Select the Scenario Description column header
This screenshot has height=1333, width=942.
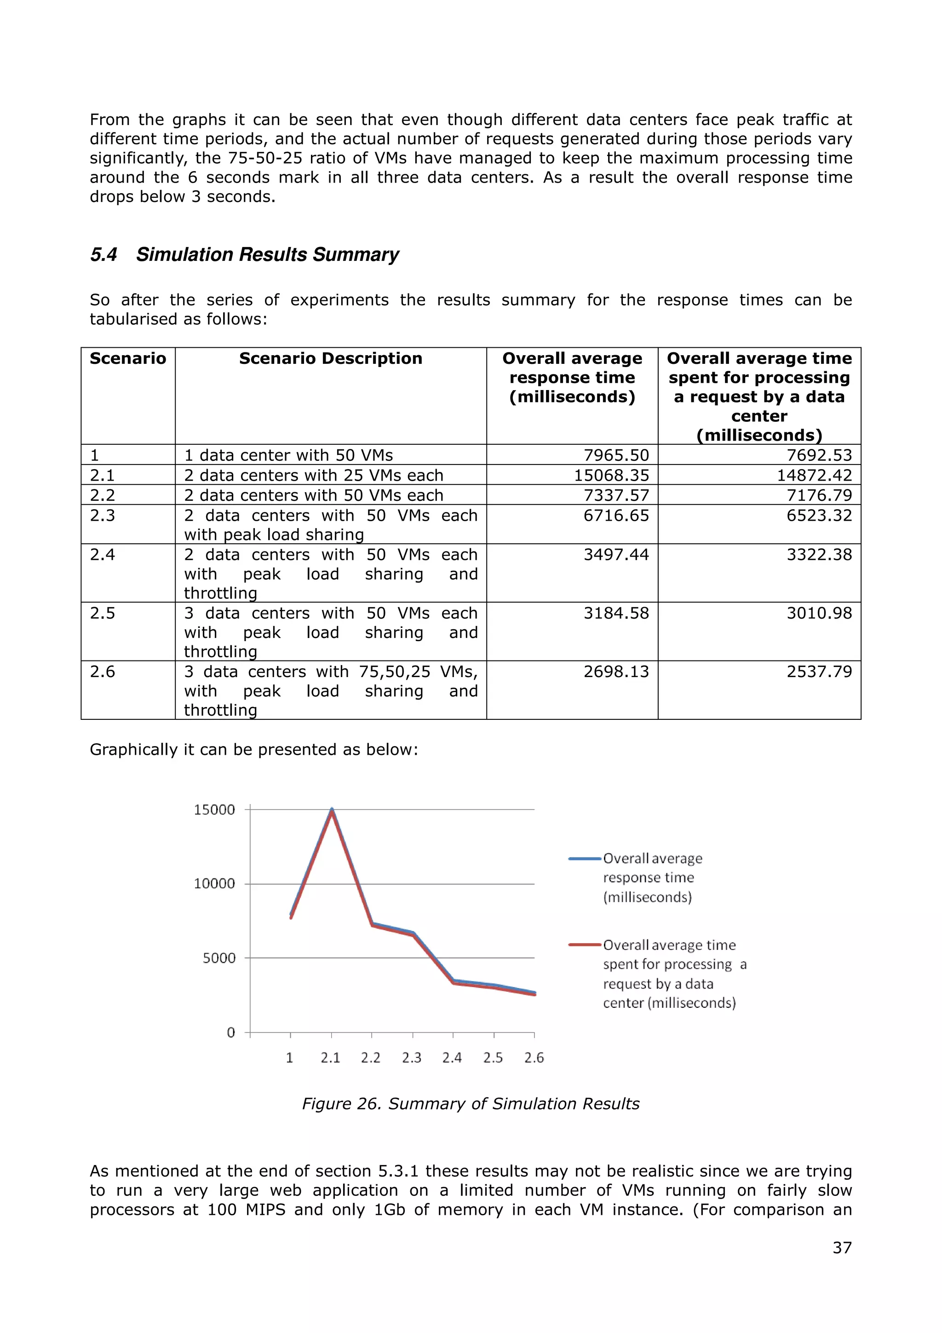pos(330,359)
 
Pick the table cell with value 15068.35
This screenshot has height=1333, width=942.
pos(611,476)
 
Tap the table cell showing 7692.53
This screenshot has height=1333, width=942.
pos(819,455)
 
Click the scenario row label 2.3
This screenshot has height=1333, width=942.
pos(103,516)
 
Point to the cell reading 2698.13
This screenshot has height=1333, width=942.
pos(616,672)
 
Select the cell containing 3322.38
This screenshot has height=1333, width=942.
pos(819,554)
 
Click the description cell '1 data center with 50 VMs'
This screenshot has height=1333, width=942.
pos(288,455)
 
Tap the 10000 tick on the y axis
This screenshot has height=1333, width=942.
pos(214,884)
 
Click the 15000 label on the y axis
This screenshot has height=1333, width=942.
pos(214,810)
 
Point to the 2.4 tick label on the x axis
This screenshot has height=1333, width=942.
pos(452,1058)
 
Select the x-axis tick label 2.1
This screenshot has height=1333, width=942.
pos(330,1058)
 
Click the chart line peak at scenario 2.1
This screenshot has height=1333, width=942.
pos(332,810)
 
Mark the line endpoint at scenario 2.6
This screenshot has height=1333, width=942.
pos(534,994)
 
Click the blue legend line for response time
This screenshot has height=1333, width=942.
pos(585,859)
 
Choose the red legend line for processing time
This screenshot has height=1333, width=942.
pos(585,945)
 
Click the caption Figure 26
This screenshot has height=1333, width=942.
pos(470,1103)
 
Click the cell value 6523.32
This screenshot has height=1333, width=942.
pos(819,516)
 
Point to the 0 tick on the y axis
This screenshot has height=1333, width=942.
pos(230,1033)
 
